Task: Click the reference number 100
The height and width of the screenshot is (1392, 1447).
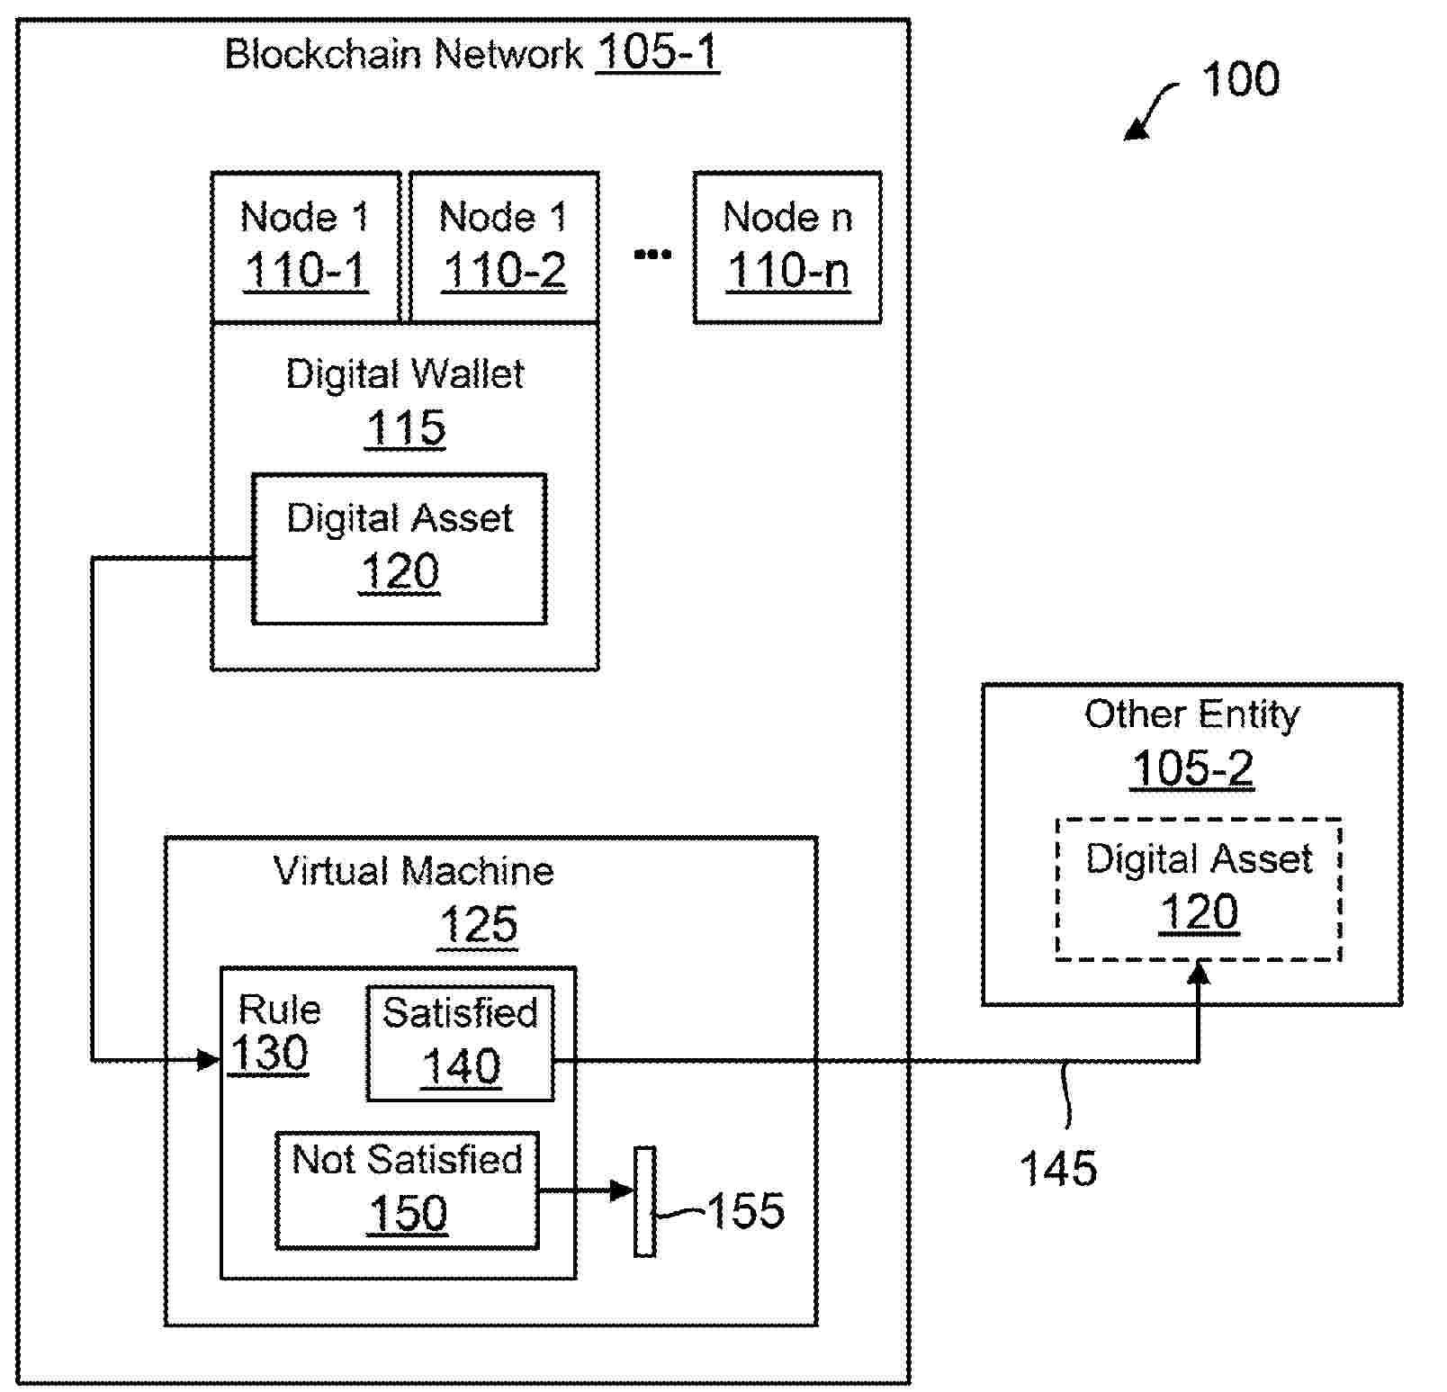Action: [1240, 80]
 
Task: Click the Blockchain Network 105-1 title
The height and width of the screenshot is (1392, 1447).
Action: [471, 53]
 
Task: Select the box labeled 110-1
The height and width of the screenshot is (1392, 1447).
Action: [305, 247]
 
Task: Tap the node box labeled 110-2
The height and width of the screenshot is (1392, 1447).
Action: [504, 247]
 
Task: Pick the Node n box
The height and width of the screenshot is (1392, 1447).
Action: [787, 247]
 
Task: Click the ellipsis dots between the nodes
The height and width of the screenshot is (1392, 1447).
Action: [652, 255]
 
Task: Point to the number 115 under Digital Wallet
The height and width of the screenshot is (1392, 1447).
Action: [406, 428]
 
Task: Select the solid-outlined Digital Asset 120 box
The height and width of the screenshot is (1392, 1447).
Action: [400, 548]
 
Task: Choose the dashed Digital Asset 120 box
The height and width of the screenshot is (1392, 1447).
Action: [1199, 889]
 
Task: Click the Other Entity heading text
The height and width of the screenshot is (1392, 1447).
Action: [1191, 714]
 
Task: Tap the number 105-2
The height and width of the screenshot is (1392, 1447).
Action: [1191, 769]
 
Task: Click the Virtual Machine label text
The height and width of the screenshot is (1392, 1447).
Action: [413, 871]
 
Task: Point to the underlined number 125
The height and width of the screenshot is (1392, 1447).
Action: [479, 925]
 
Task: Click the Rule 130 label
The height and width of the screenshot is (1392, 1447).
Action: [274, 1033]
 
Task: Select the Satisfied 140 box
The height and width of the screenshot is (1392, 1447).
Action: [461, 1043]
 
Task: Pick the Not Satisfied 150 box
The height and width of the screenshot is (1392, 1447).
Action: [407, 1190]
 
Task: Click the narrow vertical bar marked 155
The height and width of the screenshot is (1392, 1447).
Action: [644, 1201]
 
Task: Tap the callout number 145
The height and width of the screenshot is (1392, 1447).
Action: [1058, 1169]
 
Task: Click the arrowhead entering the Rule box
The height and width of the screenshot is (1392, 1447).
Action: [209, 1060]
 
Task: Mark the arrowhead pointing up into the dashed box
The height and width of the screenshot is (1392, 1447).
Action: [1199, 974]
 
